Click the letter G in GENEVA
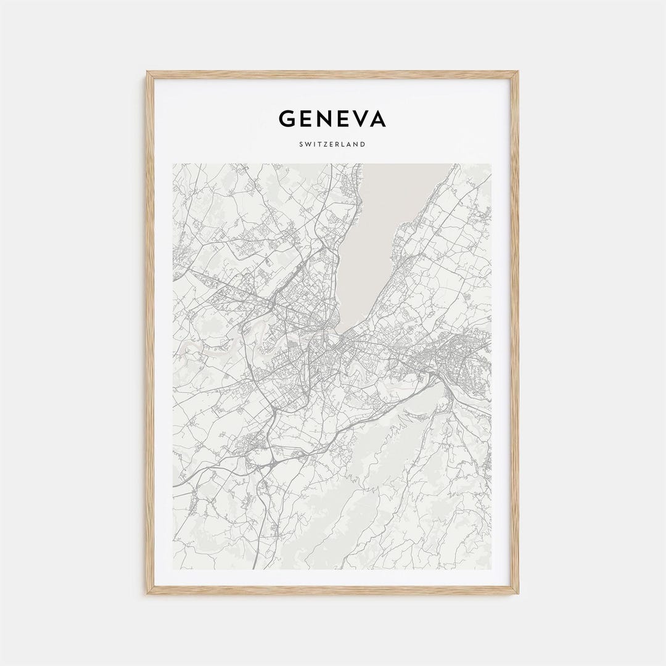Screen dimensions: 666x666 [287, 118]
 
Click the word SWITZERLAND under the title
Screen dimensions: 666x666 [332, 144]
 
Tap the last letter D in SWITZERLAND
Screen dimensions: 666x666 [363, 144]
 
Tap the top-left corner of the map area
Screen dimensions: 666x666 [173, 164]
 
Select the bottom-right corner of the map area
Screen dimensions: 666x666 [491, 569]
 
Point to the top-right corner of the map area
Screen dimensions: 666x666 [491, 164]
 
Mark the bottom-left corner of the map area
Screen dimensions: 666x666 [173, 569]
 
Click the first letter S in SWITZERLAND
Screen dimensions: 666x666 [301, 144]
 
